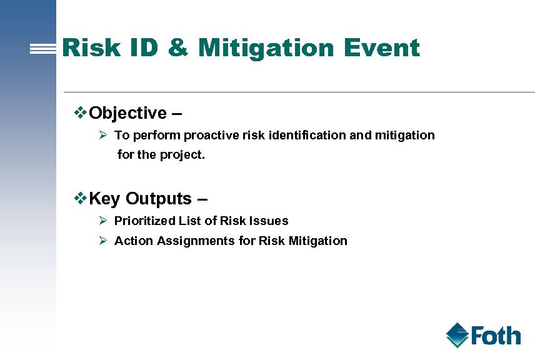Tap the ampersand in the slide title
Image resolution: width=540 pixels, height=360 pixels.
point(178,47)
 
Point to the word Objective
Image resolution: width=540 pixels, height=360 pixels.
point(127,113)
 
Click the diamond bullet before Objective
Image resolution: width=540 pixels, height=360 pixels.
point(80,112)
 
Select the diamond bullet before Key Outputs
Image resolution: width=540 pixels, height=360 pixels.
point(80,198)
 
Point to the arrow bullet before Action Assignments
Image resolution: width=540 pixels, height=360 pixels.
point(104,241)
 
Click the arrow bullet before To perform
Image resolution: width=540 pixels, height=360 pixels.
point(104,135)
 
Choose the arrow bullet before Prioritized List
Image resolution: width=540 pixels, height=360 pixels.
point(104,221)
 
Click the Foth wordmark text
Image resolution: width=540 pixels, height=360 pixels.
point(496,336)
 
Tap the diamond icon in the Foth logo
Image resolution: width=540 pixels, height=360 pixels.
point(457,335)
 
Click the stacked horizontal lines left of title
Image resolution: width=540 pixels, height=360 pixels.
point(44,49)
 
